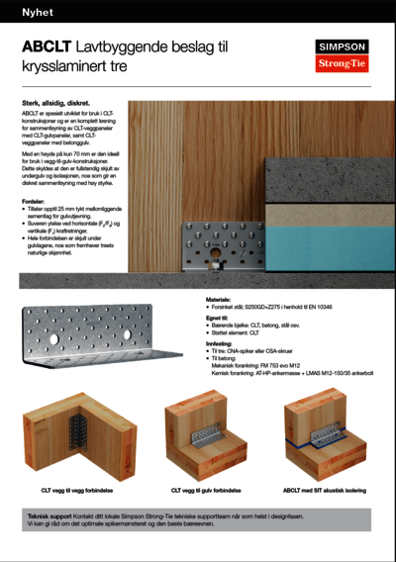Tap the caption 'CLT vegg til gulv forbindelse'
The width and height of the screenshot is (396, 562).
(205, 490)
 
